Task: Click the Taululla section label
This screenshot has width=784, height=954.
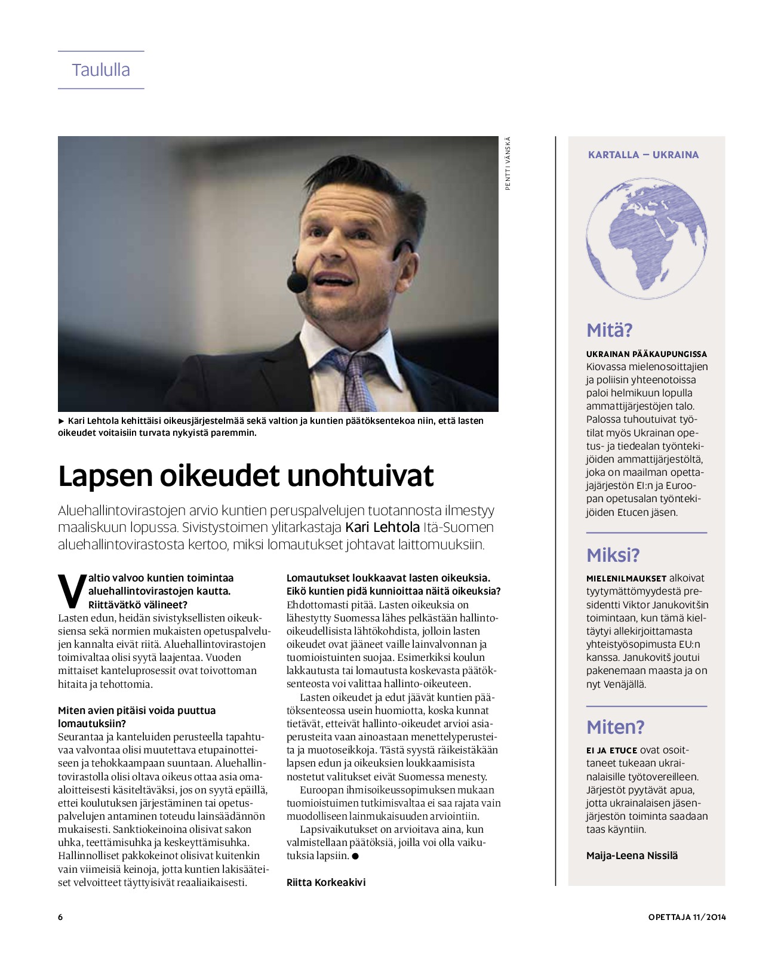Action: point(101,70)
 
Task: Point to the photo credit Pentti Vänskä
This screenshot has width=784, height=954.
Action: point(508,164)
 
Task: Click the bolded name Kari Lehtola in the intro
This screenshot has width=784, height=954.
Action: point(382,527)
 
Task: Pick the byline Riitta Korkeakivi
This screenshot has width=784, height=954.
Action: point(326,882)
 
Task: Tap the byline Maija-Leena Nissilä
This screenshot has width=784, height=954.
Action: point(632,855)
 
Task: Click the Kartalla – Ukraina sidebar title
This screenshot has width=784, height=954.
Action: point(643,155)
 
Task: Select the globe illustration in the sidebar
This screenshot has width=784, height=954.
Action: point(647,238)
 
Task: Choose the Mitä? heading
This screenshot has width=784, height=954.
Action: point(609,330)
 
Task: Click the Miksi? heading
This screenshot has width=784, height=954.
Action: point(613,555)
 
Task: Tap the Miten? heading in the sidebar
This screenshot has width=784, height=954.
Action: point(615,727)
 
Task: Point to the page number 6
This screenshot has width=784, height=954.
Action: point(60,917)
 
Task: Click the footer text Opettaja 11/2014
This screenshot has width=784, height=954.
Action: point(687,917)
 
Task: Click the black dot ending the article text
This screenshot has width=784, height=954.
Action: point(355,855)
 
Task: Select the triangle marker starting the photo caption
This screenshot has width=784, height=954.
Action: point(62,421)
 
